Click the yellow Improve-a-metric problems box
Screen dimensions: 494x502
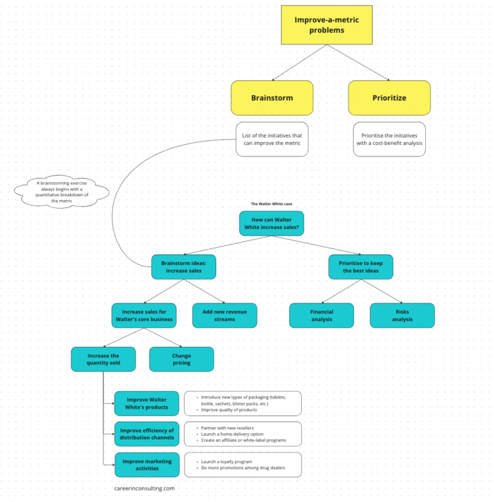pyautogui.click(x=327, y=25)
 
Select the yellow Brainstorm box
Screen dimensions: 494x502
pyautogui.click(x=272, y=98)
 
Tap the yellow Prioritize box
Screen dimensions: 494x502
pyautogui.click(x=389, y=98)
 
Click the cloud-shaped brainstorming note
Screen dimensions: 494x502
pyautogui.click(x=62, y=192)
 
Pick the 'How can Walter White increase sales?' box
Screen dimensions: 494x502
pyautogui.click(x=271, y=223)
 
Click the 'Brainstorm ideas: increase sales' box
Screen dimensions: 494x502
pyautogui.click(x=184, y=267)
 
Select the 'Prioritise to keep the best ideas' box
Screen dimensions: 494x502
pyautogui.click(x=361, y=267)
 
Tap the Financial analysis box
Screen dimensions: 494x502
pyautogui.click(x=322, y=315)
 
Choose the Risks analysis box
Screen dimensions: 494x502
pyautogui.click(x=402, y=315)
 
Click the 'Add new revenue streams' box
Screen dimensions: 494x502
pyautogui.click(x=224, y=315)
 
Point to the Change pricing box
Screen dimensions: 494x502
pyautogui.click(x=181, y=359)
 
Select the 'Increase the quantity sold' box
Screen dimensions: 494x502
pyautogui.click(x=104, y=359)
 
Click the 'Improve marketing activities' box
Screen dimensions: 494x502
pyautogui.click(x=147, y=465)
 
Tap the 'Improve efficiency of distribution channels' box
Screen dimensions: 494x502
pyautogui.click(x=147, y=434)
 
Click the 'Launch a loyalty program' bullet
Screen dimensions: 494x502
pyautogui.click(x=226, y=461)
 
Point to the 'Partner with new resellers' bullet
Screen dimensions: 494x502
pyautogui.click(x=227, y=428)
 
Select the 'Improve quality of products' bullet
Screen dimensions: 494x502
pyautogui.click(x=229, y=410)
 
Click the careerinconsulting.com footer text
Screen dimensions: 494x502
pyautogui.click(x=144, y=488)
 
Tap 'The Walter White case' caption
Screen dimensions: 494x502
pyautogui.click(x=271, y=204)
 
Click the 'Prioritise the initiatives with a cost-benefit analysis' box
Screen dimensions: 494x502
pyautogui.click(x=389, y=139)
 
